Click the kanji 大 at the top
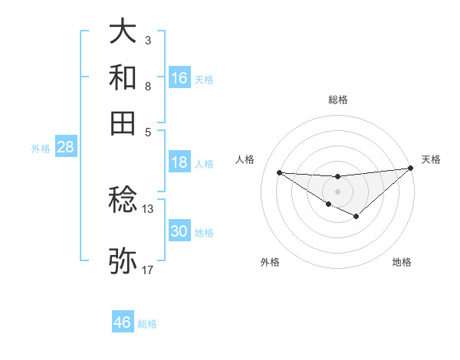tap(123, 32)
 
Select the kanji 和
tap(123, 77)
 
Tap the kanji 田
tap(123, 123)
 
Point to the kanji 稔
tap(123, 201)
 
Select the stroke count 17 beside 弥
tap(147, 270)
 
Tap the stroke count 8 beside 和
tap(147, 86)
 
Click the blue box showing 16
tap(179, 77)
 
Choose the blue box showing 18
tap(179, 162)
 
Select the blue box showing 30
tap(179, 231)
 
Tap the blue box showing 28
tap(65, 148)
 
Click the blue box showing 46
tap(123, 322)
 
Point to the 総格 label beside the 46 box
tap(147, 324)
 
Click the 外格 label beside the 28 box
tap(41, 149)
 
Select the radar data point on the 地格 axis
tap(356, 217)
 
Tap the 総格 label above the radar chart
tap(337, 100)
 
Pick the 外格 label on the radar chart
tap(269, 262)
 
